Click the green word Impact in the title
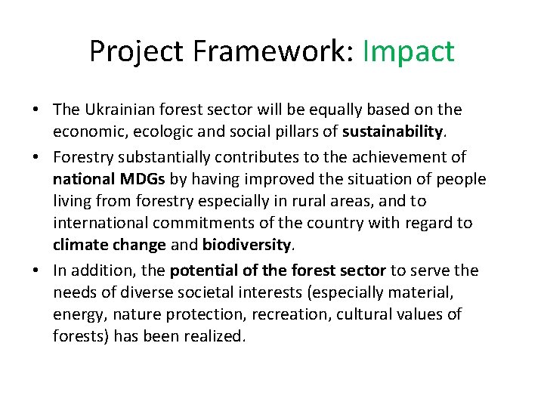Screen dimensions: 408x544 (x=408, y=51)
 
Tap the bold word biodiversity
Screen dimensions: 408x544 (x=246, y=246)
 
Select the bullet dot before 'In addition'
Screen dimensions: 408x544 (x=36, y=269)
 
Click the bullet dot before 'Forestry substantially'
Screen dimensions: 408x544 (x=36, y=156)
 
